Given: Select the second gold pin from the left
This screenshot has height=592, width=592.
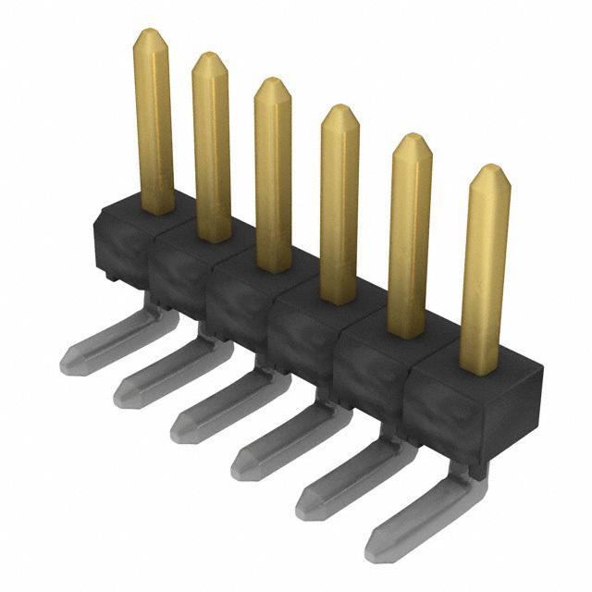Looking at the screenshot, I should pos(212,148).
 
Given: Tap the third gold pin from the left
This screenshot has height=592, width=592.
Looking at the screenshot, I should pos(273,176).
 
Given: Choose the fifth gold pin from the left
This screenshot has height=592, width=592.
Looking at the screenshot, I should pos(410,237).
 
